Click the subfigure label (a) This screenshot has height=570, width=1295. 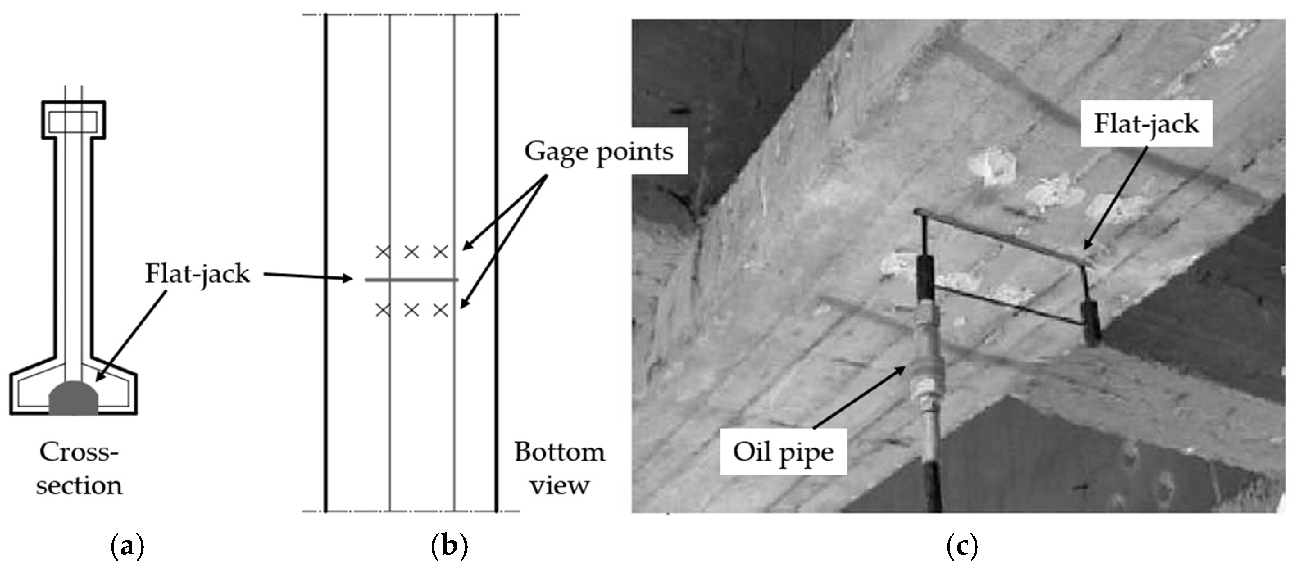[127, 546]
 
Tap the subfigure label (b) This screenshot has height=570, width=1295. [449, 546]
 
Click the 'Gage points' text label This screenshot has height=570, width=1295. [599, 151]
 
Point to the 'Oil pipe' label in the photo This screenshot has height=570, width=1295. [783, 452]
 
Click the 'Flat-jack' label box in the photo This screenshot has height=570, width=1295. [1146, 124]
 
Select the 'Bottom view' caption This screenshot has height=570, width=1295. [559, 468]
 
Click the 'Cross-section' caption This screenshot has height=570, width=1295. [79, 468]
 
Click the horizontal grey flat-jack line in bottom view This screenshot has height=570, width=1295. [411, 280]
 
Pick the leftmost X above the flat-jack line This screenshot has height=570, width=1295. [383, 251]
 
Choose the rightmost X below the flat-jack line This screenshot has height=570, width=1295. [441, 310]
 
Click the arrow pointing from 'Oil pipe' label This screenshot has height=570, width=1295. [860, 397]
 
